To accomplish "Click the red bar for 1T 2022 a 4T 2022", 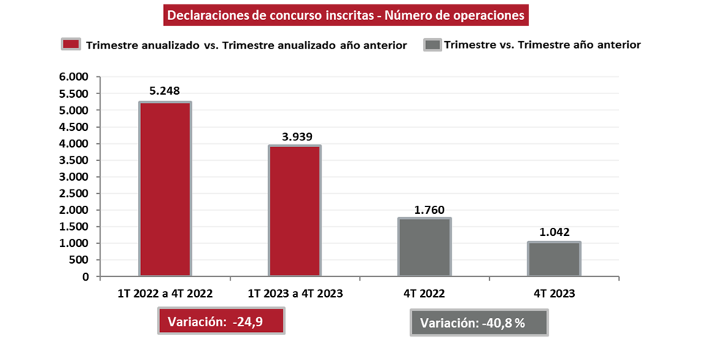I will [164, 190].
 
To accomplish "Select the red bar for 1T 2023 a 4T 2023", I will [294, 211].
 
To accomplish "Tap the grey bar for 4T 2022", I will [424, 248].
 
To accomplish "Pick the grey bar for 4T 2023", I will [554, 259].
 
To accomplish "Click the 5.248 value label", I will [164, 92].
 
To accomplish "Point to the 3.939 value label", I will [294, 135].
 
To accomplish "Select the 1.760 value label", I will [424, 208].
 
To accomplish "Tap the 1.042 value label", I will [554, 231].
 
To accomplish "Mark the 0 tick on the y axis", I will [85, 277].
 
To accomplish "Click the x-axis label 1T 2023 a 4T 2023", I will [294, 293].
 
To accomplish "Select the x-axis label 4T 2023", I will [554, 293].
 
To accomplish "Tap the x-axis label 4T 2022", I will [424, 293].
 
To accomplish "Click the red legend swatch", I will [70, 44].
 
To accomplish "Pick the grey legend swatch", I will [432, 44].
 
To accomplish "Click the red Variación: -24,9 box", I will [220, 321].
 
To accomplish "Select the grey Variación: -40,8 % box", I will [479, 323].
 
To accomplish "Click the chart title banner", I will [346, 15].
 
